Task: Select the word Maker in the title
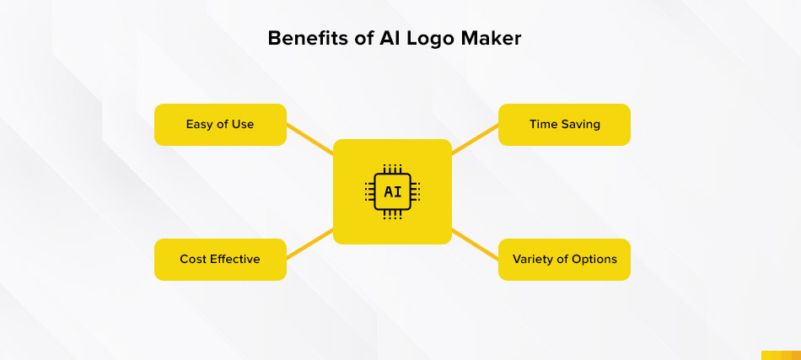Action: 491,38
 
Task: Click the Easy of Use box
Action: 220,125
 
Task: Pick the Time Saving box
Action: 564,125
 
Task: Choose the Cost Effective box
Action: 220,260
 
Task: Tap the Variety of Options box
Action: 564,260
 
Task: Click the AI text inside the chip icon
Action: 392,192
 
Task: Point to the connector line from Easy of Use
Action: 310,138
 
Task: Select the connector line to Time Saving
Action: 475,138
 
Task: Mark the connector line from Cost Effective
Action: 310,244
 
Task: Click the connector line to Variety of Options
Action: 475,244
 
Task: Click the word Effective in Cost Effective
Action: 234,259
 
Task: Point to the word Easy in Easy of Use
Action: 199,125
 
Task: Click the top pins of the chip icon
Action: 392,169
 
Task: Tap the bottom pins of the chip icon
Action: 392,215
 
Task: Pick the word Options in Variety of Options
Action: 596,260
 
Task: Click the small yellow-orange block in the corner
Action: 781,356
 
